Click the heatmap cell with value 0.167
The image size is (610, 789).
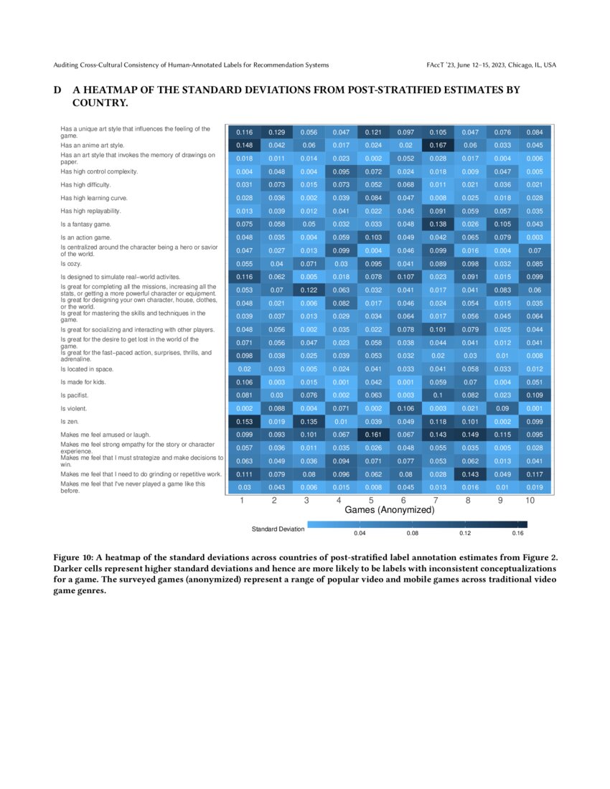pyautogui.click(x=438, y=145)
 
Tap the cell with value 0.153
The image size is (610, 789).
pyautogui.click(x=244, y=422)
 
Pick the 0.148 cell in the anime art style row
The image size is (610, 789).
pyautogui.click(x=244, y=145)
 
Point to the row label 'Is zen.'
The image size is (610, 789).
pyautogui.click(x=71, y=422)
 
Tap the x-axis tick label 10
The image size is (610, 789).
pyautogui.click(x=530, y=501)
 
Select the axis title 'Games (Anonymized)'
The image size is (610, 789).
pyautogui.click(x=390, y=511)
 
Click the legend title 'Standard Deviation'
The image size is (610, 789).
pyautogui.click(x=278, y=529)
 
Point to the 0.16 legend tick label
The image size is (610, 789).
pyautogui.click(x=517, y=534)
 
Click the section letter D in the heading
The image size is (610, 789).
pyautogui.click(x=57, y=90)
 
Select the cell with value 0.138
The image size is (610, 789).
pyautogui.click(x=438, y=224)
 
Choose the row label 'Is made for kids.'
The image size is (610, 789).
pyautogui.click(x=83, y=382)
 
